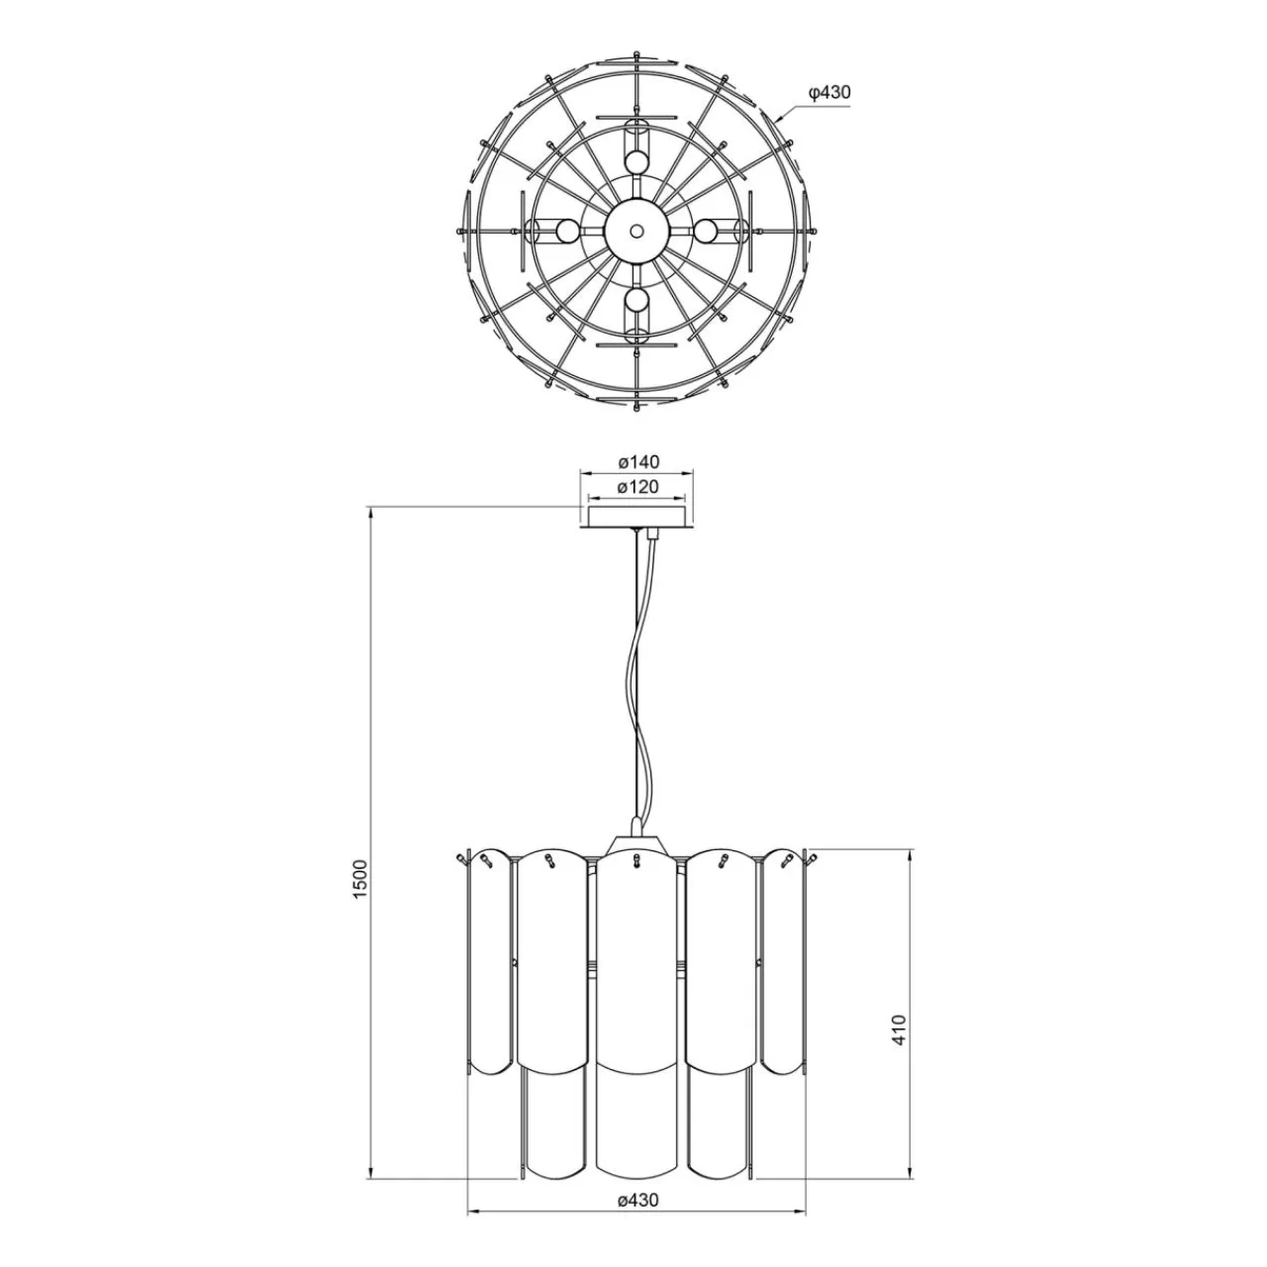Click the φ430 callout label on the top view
[829, 93]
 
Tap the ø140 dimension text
[638, 461]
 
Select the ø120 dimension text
[638, 487]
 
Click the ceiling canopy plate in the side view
[635, 518]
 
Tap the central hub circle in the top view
[635, 230]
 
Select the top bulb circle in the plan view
[636, 160]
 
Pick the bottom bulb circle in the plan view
[636, 300]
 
